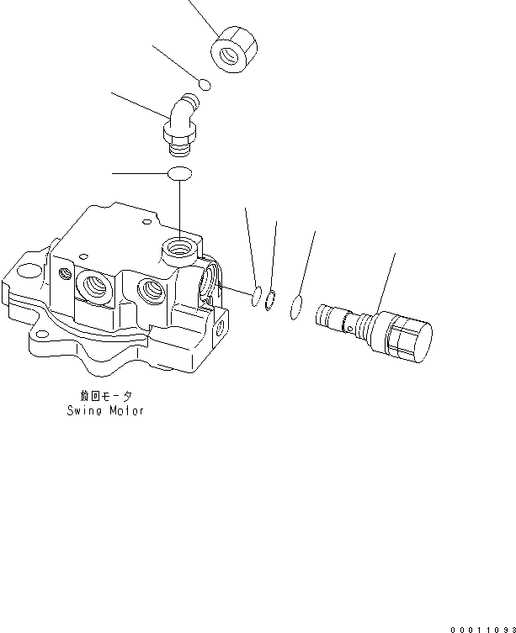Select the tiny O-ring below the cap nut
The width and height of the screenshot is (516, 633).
click(x=204, y=83)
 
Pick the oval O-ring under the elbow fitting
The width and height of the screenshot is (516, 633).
click(x=179, y=173)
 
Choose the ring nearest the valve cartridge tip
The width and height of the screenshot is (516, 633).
click(x=296, y=307)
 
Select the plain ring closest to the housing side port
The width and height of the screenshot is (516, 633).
click(x=256, y=295)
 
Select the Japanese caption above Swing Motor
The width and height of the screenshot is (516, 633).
click(x=105, y=395)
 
